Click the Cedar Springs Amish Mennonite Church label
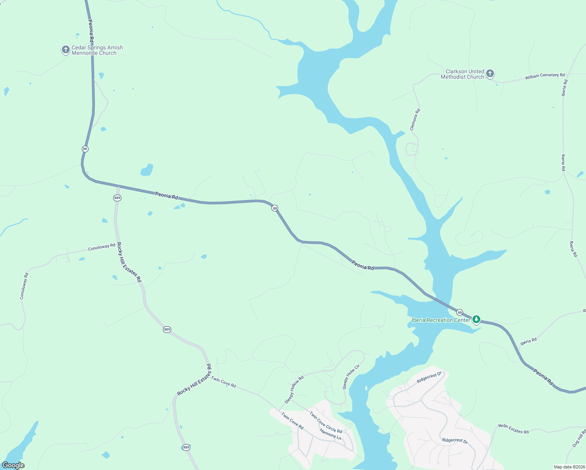97,50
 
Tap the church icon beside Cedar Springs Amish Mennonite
65,50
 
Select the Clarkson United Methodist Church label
462,74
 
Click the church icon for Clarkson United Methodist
490,73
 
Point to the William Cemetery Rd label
545,76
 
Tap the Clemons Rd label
415,119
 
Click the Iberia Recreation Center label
441,320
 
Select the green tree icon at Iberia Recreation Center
476,320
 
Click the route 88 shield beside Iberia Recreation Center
460,312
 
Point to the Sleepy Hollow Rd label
294,390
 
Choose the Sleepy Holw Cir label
351,377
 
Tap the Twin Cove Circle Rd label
326,422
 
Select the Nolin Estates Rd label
514,429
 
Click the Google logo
13,465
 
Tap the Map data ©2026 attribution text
569,467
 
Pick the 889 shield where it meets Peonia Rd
117,198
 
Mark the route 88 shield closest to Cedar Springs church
85,149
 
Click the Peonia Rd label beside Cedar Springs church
91,31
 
